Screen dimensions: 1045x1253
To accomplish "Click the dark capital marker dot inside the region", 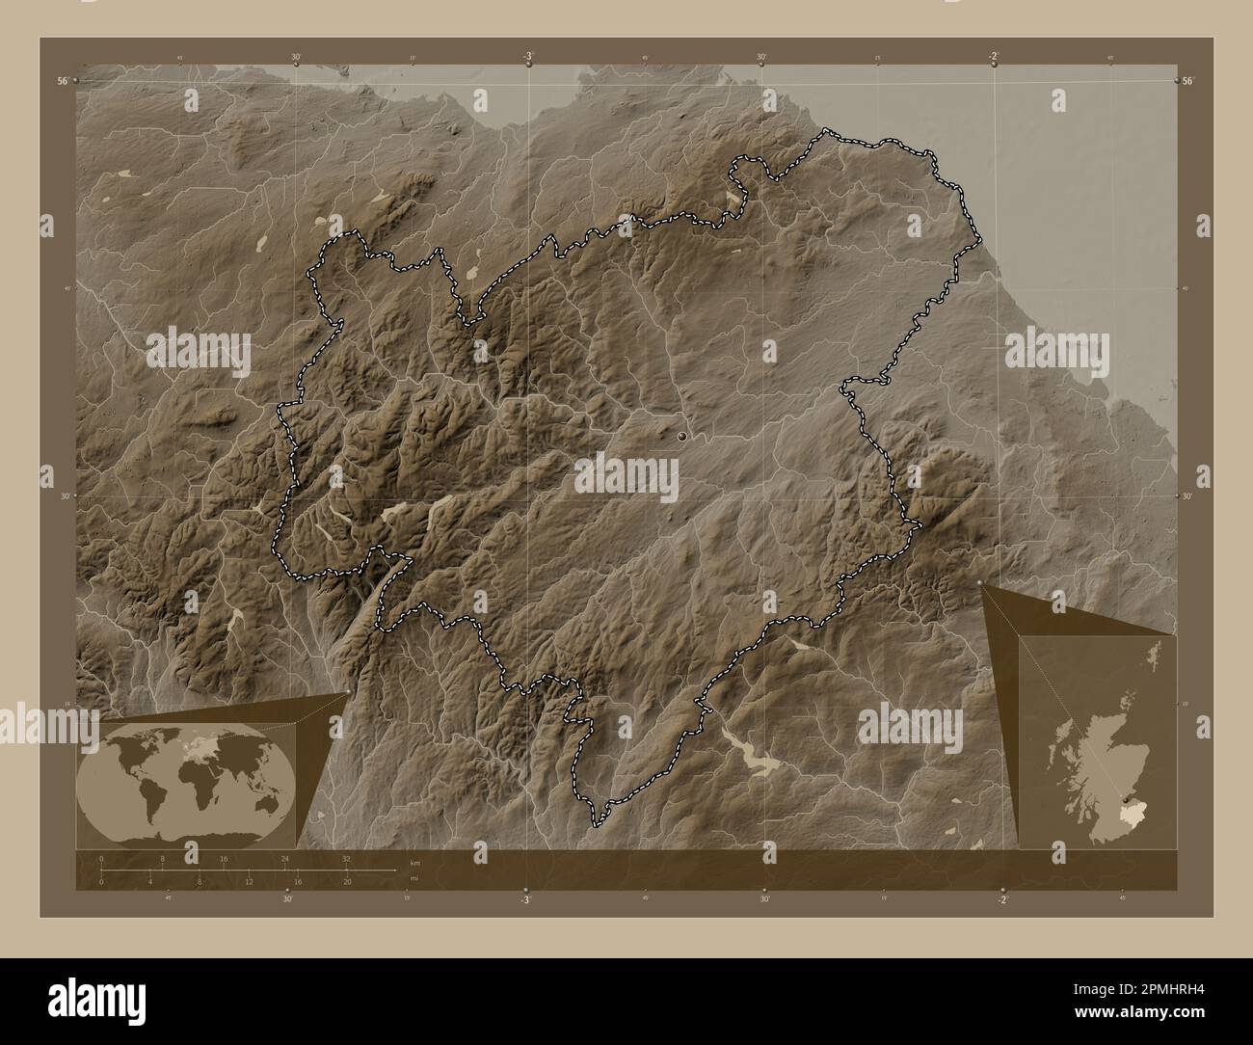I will pyautogui.click(x=682, y=437).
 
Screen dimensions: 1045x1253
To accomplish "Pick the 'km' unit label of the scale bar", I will pyautogui.click(x=414, y=862).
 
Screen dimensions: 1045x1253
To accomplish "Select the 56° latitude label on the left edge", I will pyautogui.click(x=62, y=82).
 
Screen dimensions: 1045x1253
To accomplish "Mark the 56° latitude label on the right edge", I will pyautogui.click(x=1188, y=82).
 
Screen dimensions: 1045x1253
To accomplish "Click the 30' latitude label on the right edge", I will pyautogui.click(x=1190, y=496).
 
